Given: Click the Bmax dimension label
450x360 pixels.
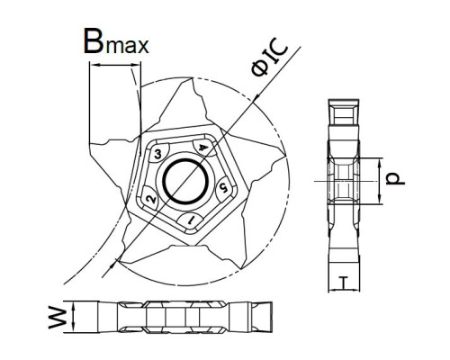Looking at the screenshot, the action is click(x=116, y=41).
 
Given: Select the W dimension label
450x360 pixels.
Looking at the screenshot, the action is click(x=58, y=318).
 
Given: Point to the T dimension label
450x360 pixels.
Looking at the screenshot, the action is click(x=343, y=283).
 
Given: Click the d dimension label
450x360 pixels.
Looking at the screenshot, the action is click(x=395, y=179).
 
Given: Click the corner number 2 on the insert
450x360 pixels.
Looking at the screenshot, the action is click(x=151, y=199).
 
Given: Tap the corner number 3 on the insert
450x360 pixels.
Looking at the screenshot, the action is click(x=157, y=155).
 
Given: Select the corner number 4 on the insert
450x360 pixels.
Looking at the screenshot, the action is click(x=203, y=147).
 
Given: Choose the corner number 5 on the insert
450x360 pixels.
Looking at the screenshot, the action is click(x=223, y=187).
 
